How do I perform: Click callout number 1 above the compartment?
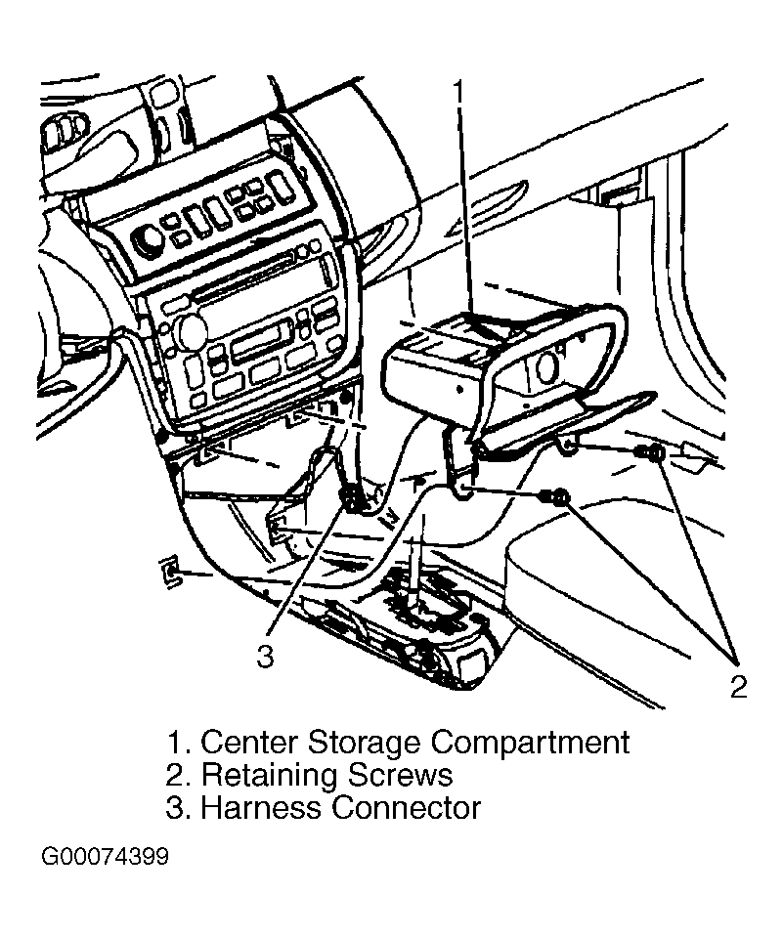pyautogui.click(x=457, y=94)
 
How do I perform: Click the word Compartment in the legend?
pyautogui.click(x=530, y=743)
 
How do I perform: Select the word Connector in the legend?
pyautogui.click(x=407, y=808)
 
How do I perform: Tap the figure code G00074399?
pyautogui.click(x=105, y=857)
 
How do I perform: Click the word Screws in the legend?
pyautogui.click(x=400, y=775)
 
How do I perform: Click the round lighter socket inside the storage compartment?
pyautogui.click(x=545, y=367)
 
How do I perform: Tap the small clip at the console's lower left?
pyautogui.click(x=170, y=572)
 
